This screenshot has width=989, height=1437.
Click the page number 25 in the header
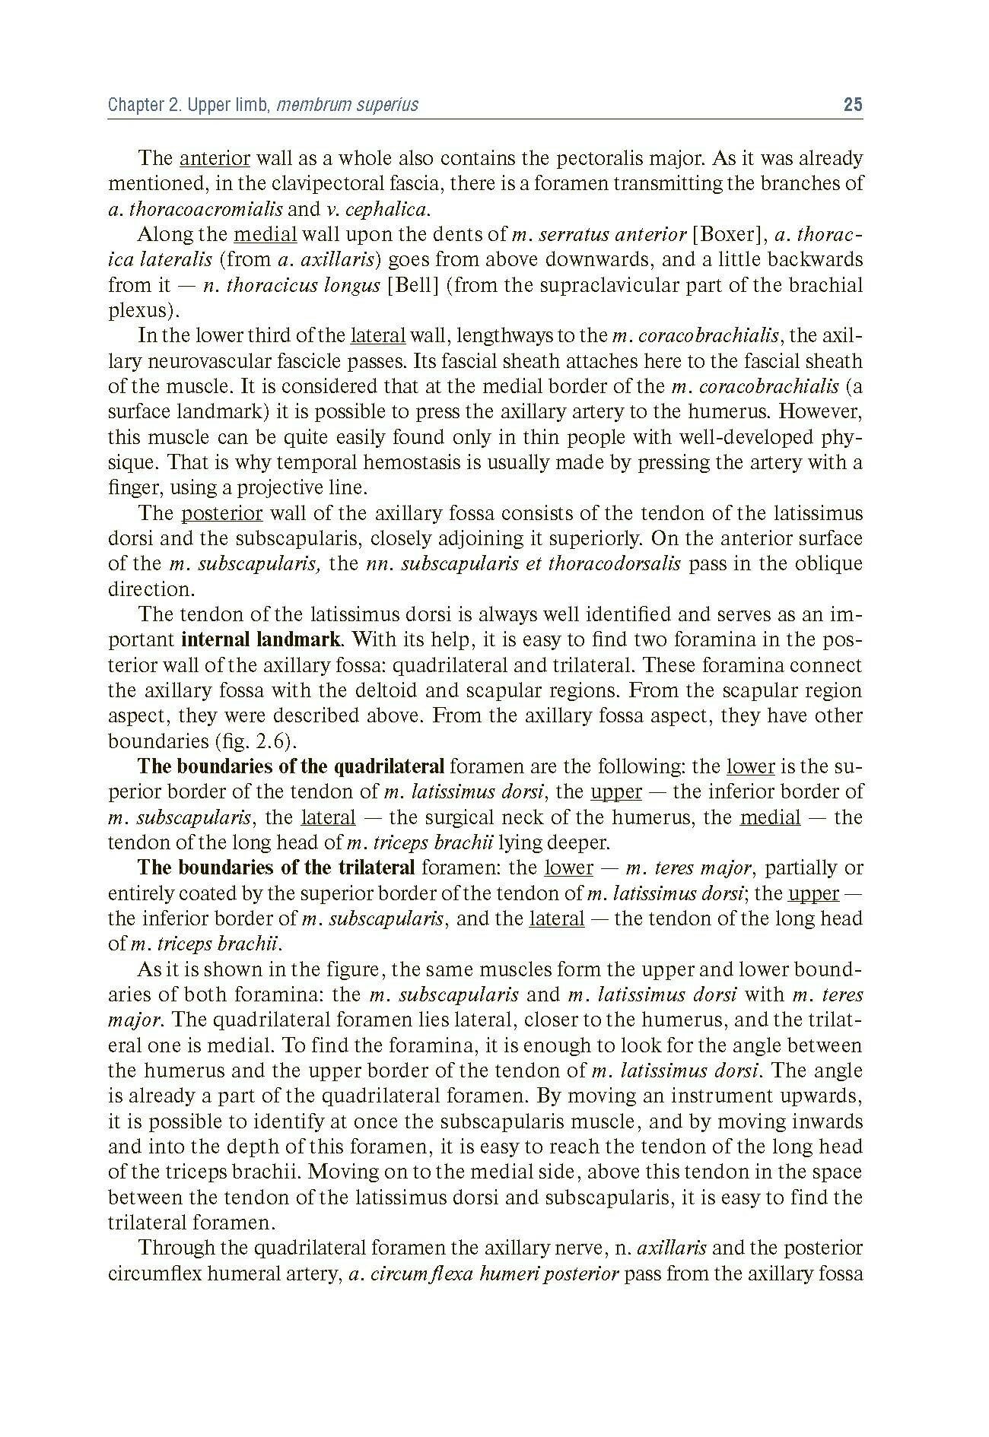853,104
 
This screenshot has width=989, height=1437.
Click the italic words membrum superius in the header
348,104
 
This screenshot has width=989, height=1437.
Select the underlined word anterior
215,158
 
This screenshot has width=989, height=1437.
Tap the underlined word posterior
221,513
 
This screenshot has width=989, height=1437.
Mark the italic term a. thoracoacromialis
195,209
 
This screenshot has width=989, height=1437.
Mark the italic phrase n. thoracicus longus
292,285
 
